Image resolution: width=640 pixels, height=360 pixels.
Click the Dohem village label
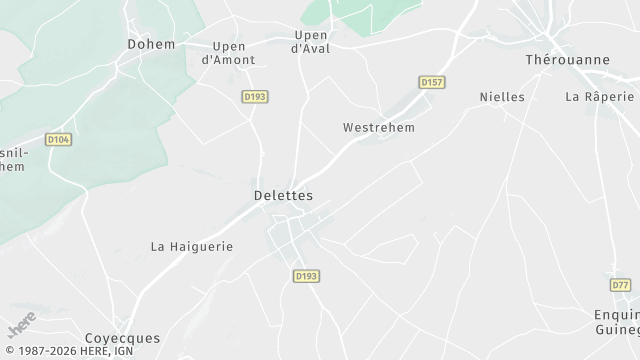(151, 44)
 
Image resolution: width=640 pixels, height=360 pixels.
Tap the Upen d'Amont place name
(228, 53)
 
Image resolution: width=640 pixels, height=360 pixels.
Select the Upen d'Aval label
(310, 42)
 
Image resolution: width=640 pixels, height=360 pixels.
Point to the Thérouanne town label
(567, 60)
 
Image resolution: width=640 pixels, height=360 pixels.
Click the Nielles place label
(502, 97)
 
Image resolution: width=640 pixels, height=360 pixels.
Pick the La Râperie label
(600, 97)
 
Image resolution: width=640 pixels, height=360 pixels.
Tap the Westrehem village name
(378, 128)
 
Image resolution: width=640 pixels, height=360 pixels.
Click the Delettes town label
(284, 195)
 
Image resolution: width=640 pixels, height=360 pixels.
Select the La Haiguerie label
(192, 246)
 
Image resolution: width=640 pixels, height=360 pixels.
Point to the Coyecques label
(122, 338)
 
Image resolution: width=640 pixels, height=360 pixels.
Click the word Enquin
(615, 314)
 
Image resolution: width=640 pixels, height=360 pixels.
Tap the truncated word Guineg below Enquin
(617, 330)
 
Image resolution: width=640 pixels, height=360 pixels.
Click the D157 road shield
(432, 81)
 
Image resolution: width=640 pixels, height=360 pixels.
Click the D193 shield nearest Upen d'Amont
(255, 96)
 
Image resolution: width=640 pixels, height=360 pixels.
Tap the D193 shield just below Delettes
(306, 275)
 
